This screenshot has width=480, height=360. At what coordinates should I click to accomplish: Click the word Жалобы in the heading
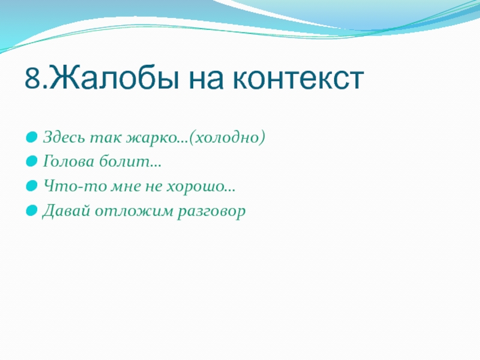(114, 79)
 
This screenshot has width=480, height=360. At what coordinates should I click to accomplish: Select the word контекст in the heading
(298, 81)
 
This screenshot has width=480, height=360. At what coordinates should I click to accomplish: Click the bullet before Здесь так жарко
(32, 137)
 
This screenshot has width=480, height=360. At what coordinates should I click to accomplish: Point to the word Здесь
(64, 137)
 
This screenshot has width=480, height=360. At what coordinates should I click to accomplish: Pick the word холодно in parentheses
(227, 137)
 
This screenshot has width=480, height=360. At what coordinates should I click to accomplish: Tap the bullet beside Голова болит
(32, 161)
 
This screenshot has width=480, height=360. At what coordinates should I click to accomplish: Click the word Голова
(68, 161)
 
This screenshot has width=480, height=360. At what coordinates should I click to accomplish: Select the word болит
(124, 161)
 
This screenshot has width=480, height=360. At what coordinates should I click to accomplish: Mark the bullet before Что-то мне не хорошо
(32, 186)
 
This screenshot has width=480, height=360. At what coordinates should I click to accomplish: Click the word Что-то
(75, 186)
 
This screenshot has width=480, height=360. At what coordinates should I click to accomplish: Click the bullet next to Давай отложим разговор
(32, 211)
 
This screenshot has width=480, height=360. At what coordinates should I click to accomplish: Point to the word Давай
(67, 211)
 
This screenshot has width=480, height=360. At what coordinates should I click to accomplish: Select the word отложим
(134, 212)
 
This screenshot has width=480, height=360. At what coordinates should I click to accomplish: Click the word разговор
(212, 212)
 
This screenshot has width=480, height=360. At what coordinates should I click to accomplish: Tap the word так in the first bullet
(106, 138)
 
